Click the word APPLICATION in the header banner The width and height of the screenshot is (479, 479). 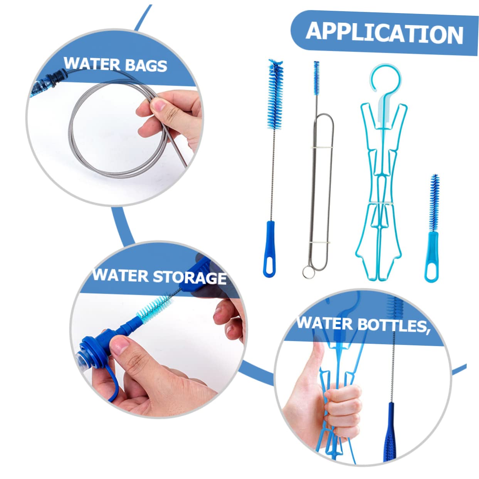tap(384, 32)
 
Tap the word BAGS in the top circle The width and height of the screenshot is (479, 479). tap(146, 66)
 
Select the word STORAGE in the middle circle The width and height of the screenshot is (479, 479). tap(190, 277)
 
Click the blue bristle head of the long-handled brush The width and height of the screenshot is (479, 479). tap(276, 94)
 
